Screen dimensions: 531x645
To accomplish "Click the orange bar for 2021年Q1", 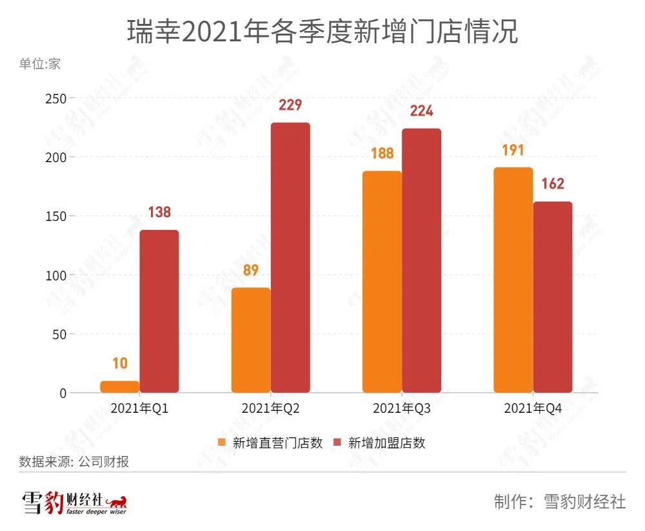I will pos(120,387).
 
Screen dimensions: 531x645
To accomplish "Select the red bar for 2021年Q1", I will pos(159,311).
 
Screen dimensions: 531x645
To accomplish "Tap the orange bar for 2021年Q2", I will pos(251,340).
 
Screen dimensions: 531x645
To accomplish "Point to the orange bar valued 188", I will pos(382,282).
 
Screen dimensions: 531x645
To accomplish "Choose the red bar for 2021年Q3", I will pos(421,260).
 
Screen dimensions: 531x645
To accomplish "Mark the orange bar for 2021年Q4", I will pos(513,280).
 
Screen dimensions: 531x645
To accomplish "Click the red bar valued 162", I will pos(553,297).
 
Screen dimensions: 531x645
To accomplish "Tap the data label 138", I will pos(159,213).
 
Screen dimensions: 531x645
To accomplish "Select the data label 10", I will pos(120,364).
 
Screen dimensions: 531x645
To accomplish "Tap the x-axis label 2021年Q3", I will pos(401,409).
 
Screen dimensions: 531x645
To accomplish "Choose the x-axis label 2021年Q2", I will pos(270,409).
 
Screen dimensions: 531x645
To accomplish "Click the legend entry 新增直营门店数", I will pos(270,443).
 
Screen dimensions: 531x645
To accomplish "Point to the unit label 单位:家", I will pos(40,65).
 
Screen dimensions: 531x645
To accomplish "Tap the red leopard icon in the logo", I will pos(116,501).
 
